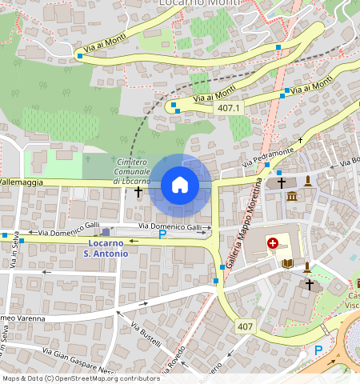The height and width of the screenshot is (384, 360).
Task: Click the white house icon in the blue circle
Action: pos(180,186)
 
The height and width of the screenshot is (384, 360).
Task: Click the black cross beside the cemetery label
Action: pos(138,192)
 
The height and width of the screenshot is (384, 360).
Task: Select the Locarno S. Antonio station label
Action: pos(106,248)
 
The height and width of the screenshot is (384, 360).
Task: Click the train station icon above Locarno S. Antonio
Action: pos(106,232)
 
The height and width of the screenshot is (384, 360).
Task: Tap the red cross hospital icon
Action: pos(273,242)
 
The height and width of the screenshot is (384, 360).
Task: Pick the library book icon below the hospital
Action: pos(288,263)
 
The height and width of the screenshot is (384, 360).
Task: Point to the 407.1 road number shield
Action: pos(229,107)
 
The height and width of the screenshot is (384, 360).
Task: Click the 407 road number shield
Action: pos(245,326)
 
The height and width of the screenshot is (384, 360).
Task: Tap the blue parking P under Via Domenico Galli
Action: pos(162,235)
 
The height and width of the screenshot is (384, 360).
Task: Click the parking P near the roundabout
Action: pos(318,350)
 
